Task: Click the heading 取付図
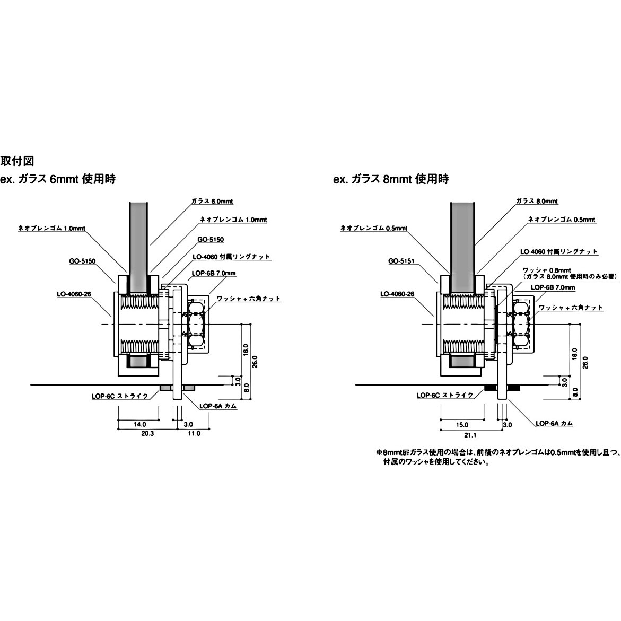tap(17, 161)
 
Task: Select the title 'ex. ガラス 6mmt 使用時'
tap(58, 179)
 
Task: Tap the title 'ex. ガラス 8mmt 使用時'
tap(391, 179)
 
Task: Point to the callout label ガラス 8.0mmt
tap(537, 202)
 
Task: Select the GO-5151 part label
tap(401, 261)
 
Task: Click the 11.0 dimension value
tap(194, 433)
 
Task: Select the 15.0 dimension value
tap(462, 424)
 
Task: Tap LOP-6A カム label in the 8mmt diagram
tap(554, 423)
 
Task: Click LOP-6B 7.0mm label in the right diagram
tap(553, 287)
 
